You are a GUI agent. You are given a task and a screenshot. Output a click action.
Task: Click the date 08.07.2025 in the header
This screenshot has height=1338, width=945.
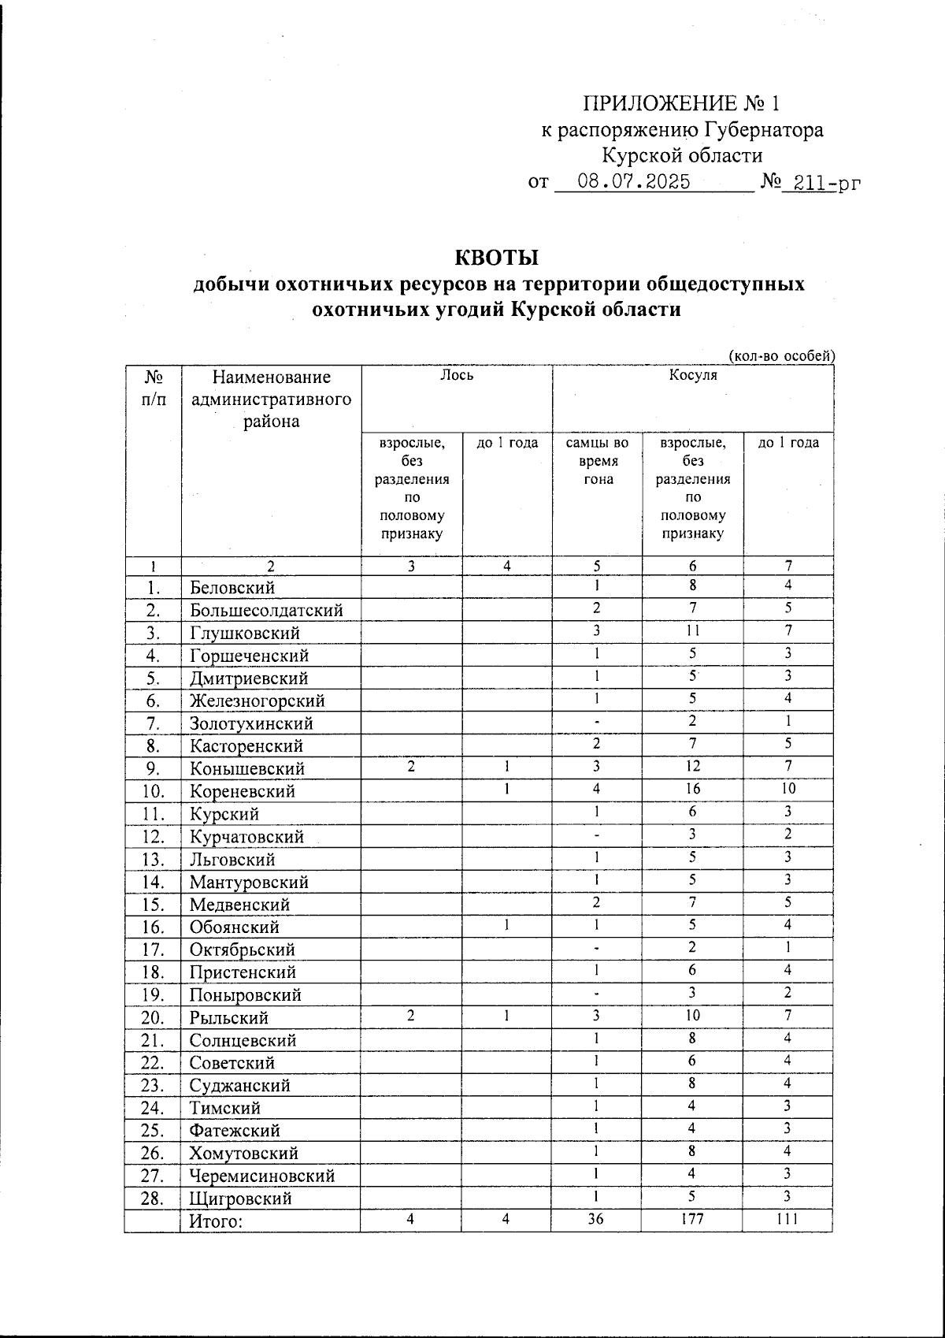[x=634, y=182]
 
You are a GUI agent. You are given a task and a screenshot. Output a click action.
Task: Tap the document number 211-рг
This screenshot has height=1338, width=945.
[x=827, y=183]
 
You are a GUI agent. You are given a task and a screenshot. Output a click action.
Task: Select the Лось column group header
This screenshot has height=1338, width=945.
[x=457, y=376]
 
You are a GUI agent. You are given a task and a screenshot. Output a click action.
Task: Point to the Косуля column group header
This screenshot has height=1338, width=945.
[x=693, y=376]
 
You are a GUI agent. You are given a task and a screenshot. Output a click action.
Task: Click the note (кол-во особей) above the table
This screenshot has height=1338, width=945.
[x=781, y=356]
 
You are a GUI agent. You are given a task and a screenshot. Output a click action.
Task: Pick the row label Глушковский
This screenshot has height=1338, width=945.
[x=244, y=634]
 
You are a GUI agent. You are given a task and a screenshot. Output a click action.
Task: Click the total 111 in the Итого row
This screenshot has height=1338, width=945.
[x=787, y=1219]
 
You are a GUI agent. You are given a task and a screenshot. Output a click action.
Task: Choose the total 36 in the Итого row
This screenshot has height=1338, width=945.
[x=598, y=1219]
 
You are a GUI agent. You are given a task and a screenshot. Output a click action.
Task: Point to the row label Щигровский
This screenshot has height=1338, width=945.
[x=240, y=1199]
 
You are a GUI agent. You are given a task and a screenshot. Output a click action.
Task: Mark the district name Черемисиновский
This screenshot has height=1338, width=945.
[x=261, y=1176]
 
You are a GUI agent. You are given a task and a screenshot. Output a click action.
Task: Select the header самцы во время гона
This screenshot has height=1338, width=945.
[x=598, y=461]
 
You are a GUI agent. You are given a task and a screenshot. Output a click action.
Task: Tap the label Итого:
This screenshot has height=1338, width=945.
[x=214, y=1221]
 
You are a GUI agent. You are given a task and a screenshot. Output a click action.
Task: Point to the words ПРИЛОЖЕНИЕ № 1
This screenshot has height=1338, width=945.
[x=681, y=104]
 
